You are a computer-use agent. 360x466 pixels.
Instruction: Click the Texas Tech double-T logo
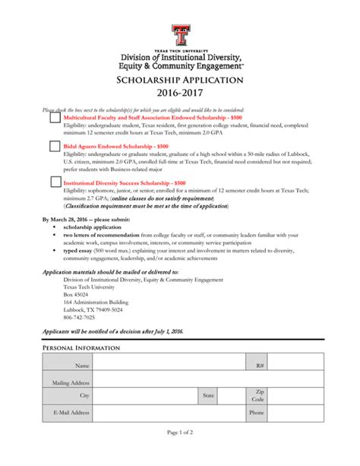click(180, 33)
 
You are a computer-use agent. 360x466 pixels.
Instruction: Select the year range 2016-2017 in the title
click(180, 97)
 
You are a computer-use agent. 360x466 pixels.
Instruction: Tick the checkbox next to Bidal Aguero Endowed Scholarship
click(55, 145)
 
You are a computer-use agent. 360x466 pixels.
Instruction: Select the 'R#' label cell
click(260, 366)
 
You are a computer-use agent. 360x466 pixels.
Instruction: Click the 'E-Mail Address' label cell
click(71, 413)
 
